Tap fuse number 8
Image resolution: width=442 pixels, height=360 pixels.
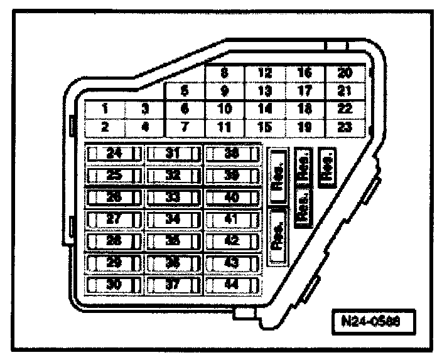pos(224,73)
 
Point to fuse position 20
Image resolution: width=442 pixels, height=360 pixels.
pos(343,73)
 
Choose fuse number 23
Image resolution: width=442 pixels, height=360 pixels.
pos(343,126)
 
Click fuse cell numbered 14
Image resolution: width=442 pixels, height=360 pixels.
pos(265,109)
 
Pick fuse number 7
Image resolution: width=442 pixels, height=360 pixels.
pos(184,126)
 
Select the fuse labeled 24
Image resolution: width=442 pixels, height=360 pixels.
pos(114,153)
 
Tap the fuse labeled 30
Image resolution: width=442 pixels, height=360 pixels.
pos(114,283)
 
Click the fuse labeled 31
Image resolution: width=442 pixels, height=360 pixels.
pos(173,153)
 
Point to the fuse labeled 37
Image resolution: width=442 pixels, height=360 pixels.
pos(173,283)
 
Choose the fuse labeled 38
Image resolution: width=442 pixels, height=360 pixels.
pos(231,153)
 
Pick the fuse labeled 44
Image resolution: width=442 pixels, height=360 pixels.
pos(231,283)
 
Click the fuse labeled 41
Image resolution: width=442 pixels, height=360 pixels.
pos(231,219)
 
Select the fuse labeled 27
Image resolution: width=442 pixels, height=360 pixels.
pos(114,219)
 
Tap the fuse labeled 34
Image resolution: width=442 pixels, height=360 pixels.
pos(173,219)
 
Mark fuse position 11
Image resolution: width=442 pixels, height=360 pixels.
pos(224,126)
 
